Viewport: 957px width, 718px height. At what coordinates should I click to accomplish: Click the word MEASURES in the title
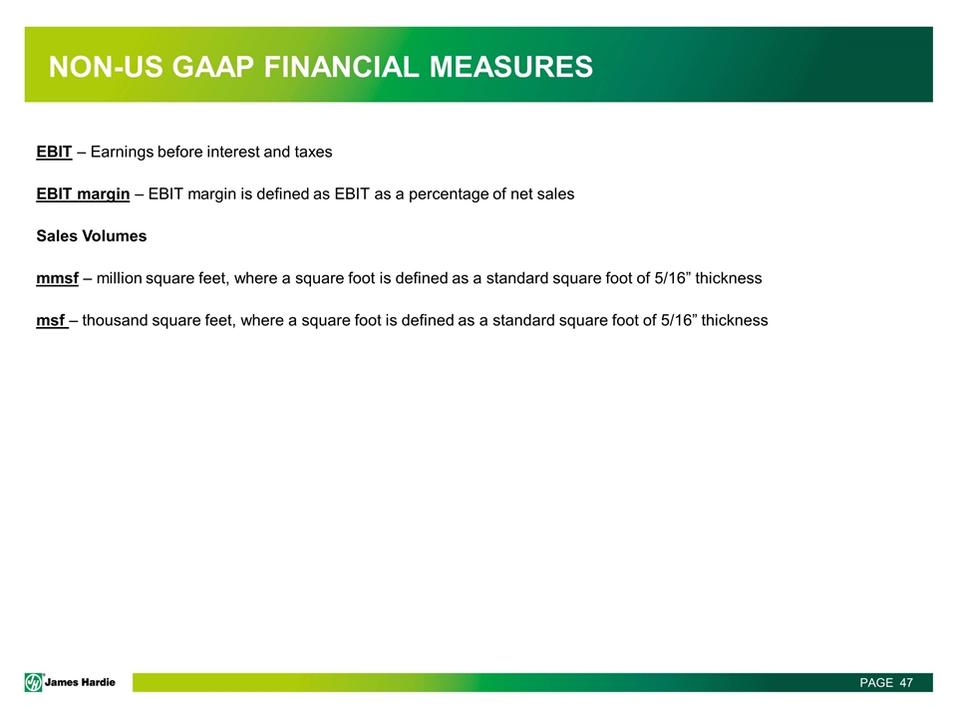click(x=510, y=67)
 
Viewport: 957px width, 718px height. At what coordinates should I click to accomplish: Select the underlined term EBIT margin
click(x=83, y=194)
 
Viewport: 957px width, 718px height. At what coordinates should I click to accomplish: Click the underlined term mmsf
click(x=58, y=278)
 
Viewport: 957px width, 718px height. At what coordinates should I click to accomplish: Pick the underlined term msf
click(x=51, y=320)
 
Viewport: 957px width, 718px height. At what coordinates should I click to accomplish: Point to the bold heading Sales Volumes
click(x=92, y=236)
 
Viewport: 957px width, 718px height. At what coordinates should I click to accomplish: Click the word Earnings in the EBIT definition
click(x=122, y=152)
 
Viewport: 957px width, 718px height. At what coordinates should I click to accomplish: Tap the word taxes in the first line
click(x=313, y=152)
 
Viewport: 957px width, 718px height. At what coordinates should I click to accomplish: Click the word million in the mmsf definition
click(x=119, y=278)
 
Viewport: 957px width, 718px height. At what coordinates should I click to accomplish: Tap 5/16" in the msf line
click(x=679, y=320)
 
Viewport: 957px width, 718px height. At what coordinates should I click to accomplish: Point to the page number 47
click(x=906, y=682)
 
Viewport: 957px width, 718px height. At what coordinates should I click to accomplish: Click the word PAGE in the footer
click(x=876, y=682)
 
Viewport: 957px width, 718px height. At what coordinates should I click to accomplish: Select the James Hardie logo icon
click(x=34, y=682)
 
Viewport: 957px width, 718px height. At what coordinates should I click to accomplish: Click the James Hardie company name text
click(x=80, y=682)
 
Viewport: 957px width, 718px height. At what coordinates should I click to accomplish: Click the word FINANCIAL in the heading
click(x=341, y=67)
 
